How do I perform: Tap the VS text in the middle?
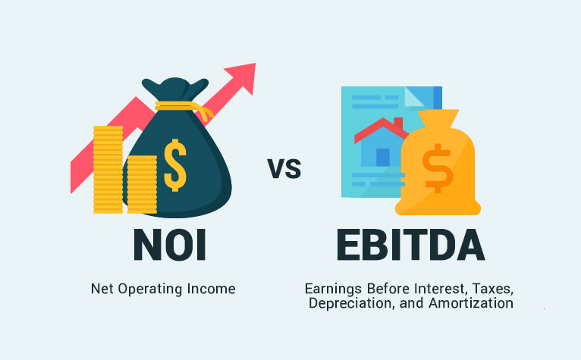pyautogui.click(x=284, y=168)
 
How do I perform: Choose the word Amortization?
pyautogui.click(x=477, y=303)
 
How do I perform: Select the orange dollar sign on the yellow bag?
pyautogui.click(x=438, y=169)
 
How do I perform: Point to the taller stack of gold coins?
pyautogui.click(x=108, y=171)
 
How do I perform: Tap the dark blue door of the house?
pyautogui.click(x=383, y=156)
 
